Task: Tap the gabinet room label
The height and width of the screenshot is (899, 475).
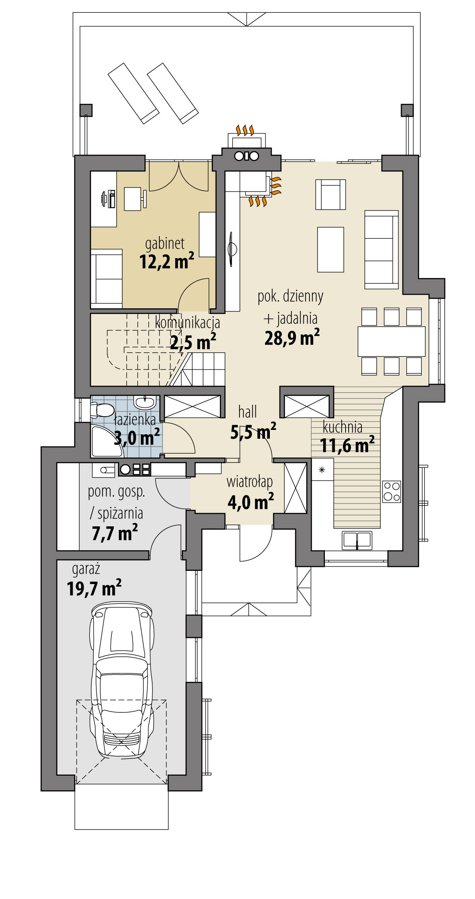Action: (x=165, y=244)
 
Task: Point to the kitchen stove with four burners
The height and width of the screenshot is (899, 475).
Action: (x=391, y=492)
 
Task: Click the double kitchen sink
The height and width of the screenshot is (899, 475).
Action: (x=357, y=540)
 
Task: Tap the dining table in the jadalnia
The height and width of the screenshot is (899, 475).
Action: (x=391, y=341)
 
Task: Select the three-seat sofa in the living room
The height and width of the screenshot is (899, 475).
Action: (x=381, y=250)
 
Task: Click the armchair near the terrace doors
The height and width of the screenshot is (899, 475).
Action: (x=330, y=195)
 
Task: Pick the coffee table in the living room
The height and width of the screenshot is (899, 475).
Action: (x=330, y=250)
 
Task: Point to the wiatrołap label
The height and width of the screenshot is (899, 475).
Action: (x=250, y=482)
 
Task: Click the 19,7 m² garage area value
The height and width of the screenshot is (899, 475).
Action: (x=94, y=588)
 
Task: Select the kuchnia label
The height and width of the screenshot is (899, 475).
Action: (x=342, y=427)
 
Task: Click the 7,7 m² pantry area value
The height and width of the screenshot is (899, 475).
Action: (x=114, y=533)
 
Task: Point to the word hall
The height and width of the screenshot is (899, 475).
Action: (x=247, y=412)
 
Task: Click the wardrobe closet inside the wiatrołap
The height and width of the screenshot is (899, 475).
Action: (x=295, y=488)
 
